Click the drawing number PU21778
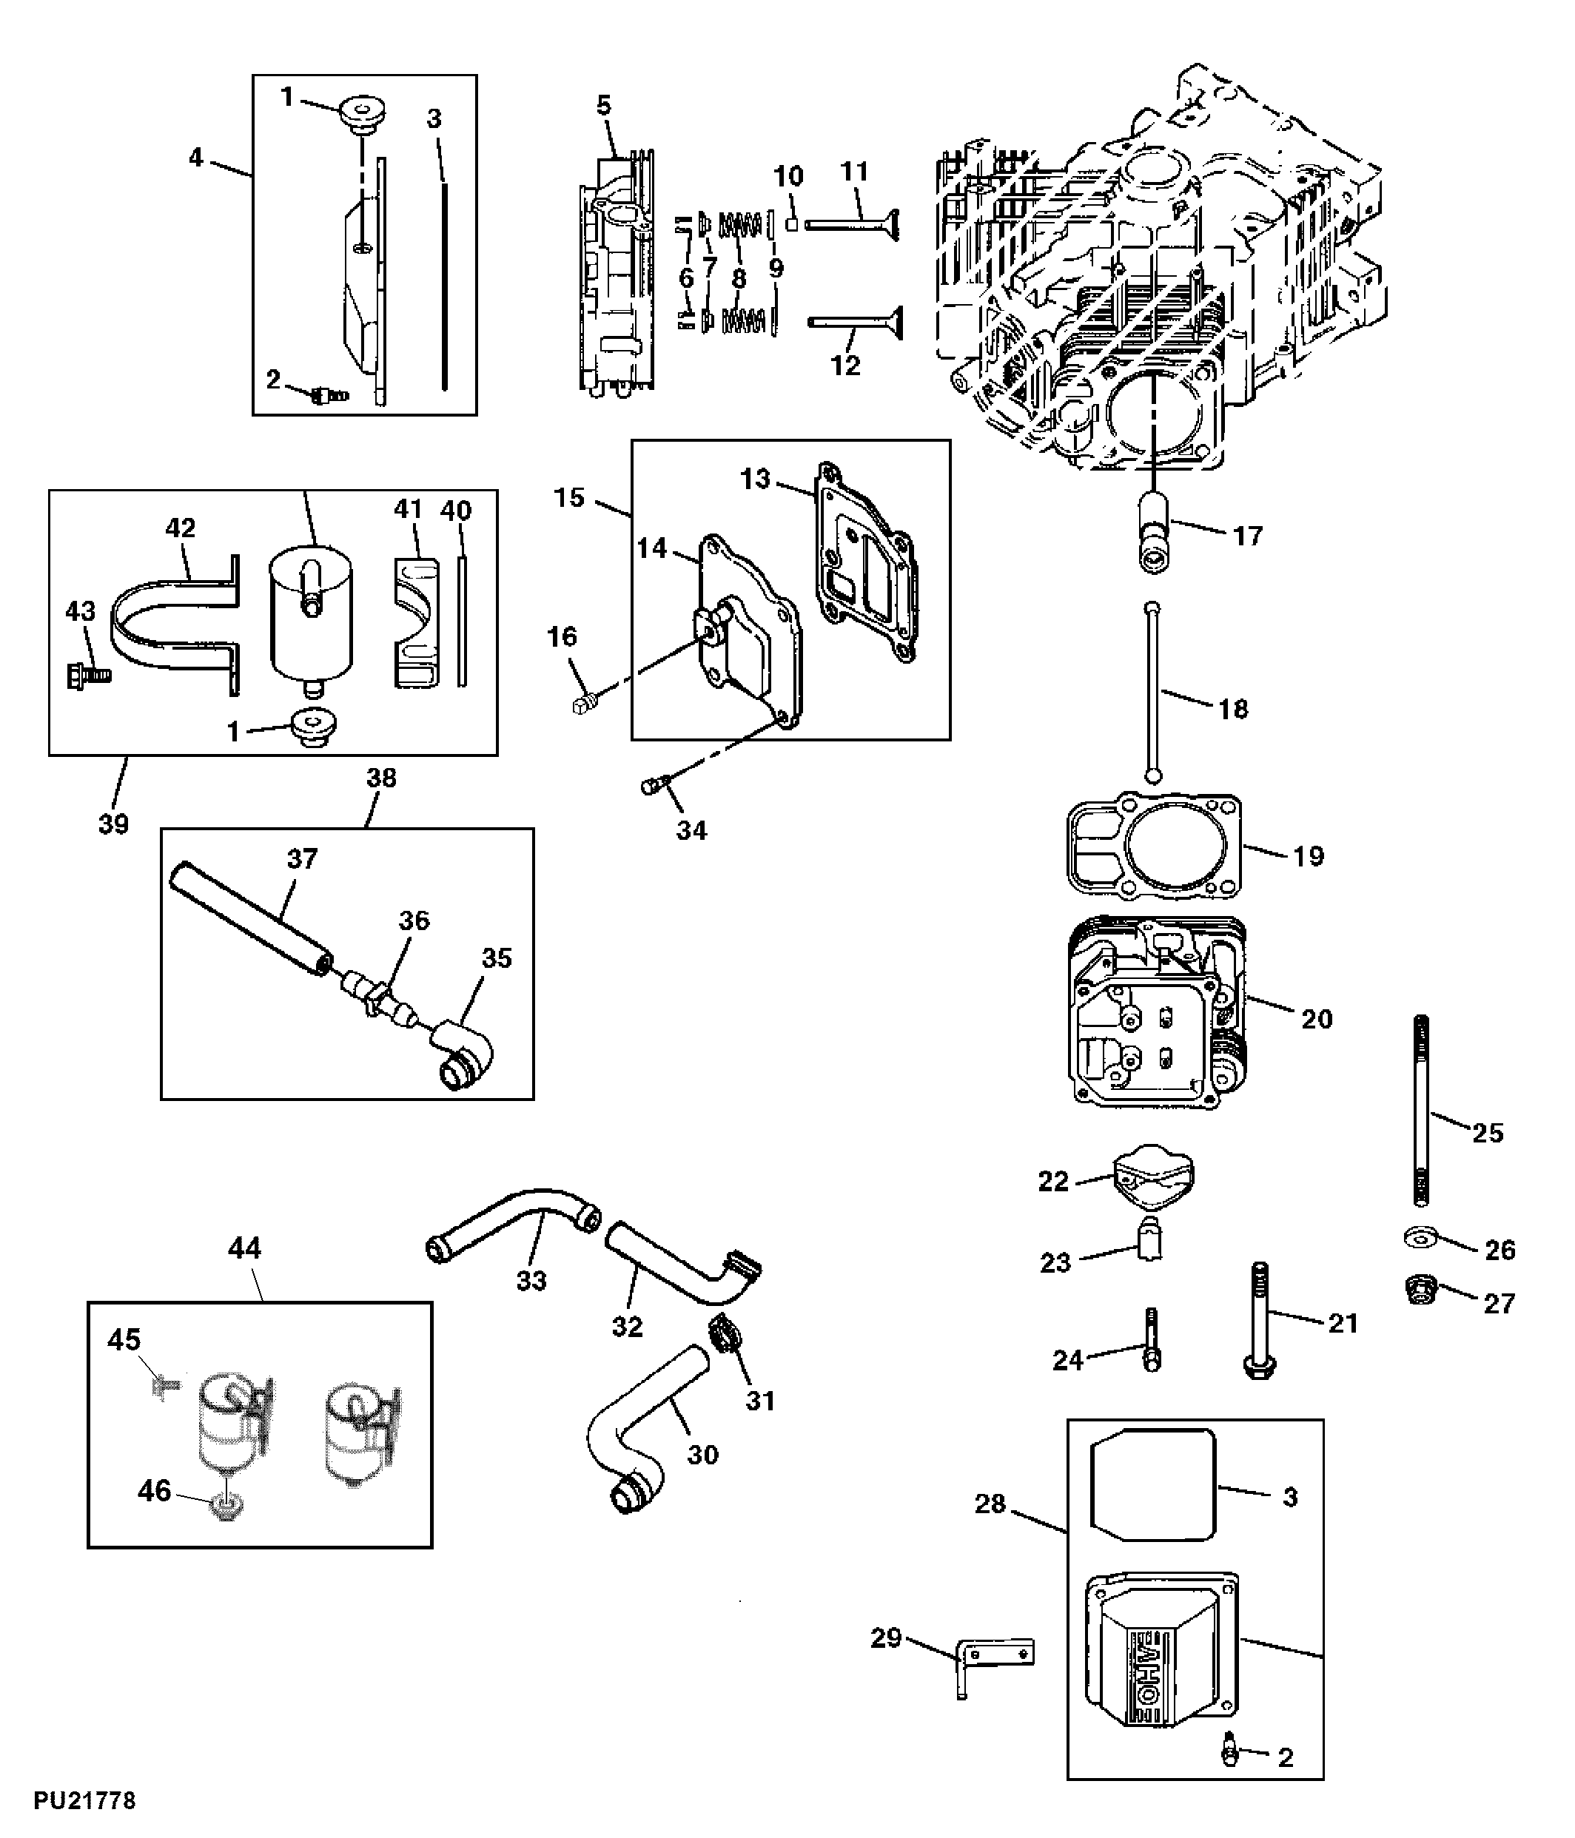point(84,1802)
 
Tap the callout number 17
point(1248,536)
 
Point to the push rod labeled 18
point(1152,691)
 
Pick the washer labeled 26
point(1423,1237)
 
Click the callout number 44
point(244,1249)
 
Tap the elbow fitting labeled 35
point(463,1054)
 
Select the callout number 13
point(755,479)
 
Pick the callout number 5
point(603,106)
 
